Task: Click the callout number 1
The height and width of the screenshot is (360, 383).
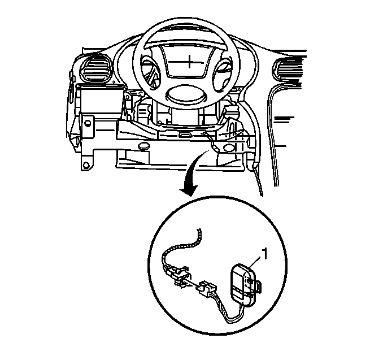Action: [x=265, y=254]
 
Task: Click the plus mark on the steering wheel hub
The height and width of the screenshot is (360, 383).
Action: [x=189, y=61]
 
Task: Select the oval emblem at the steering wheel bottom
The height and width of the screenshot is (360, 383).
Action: [x=186, y=96]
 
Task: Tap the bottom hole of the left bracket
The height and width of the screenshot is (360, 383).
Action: [x=86, y=165]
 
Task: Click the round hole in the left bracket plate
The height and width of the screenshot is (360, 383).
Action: [x=87, y=123]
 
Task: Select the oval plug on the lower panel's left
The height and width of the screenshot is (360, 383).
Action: [x=143, y=146]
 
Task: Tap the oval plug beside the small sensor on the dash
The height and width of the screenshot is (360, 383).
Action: [x=229, y=148]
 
